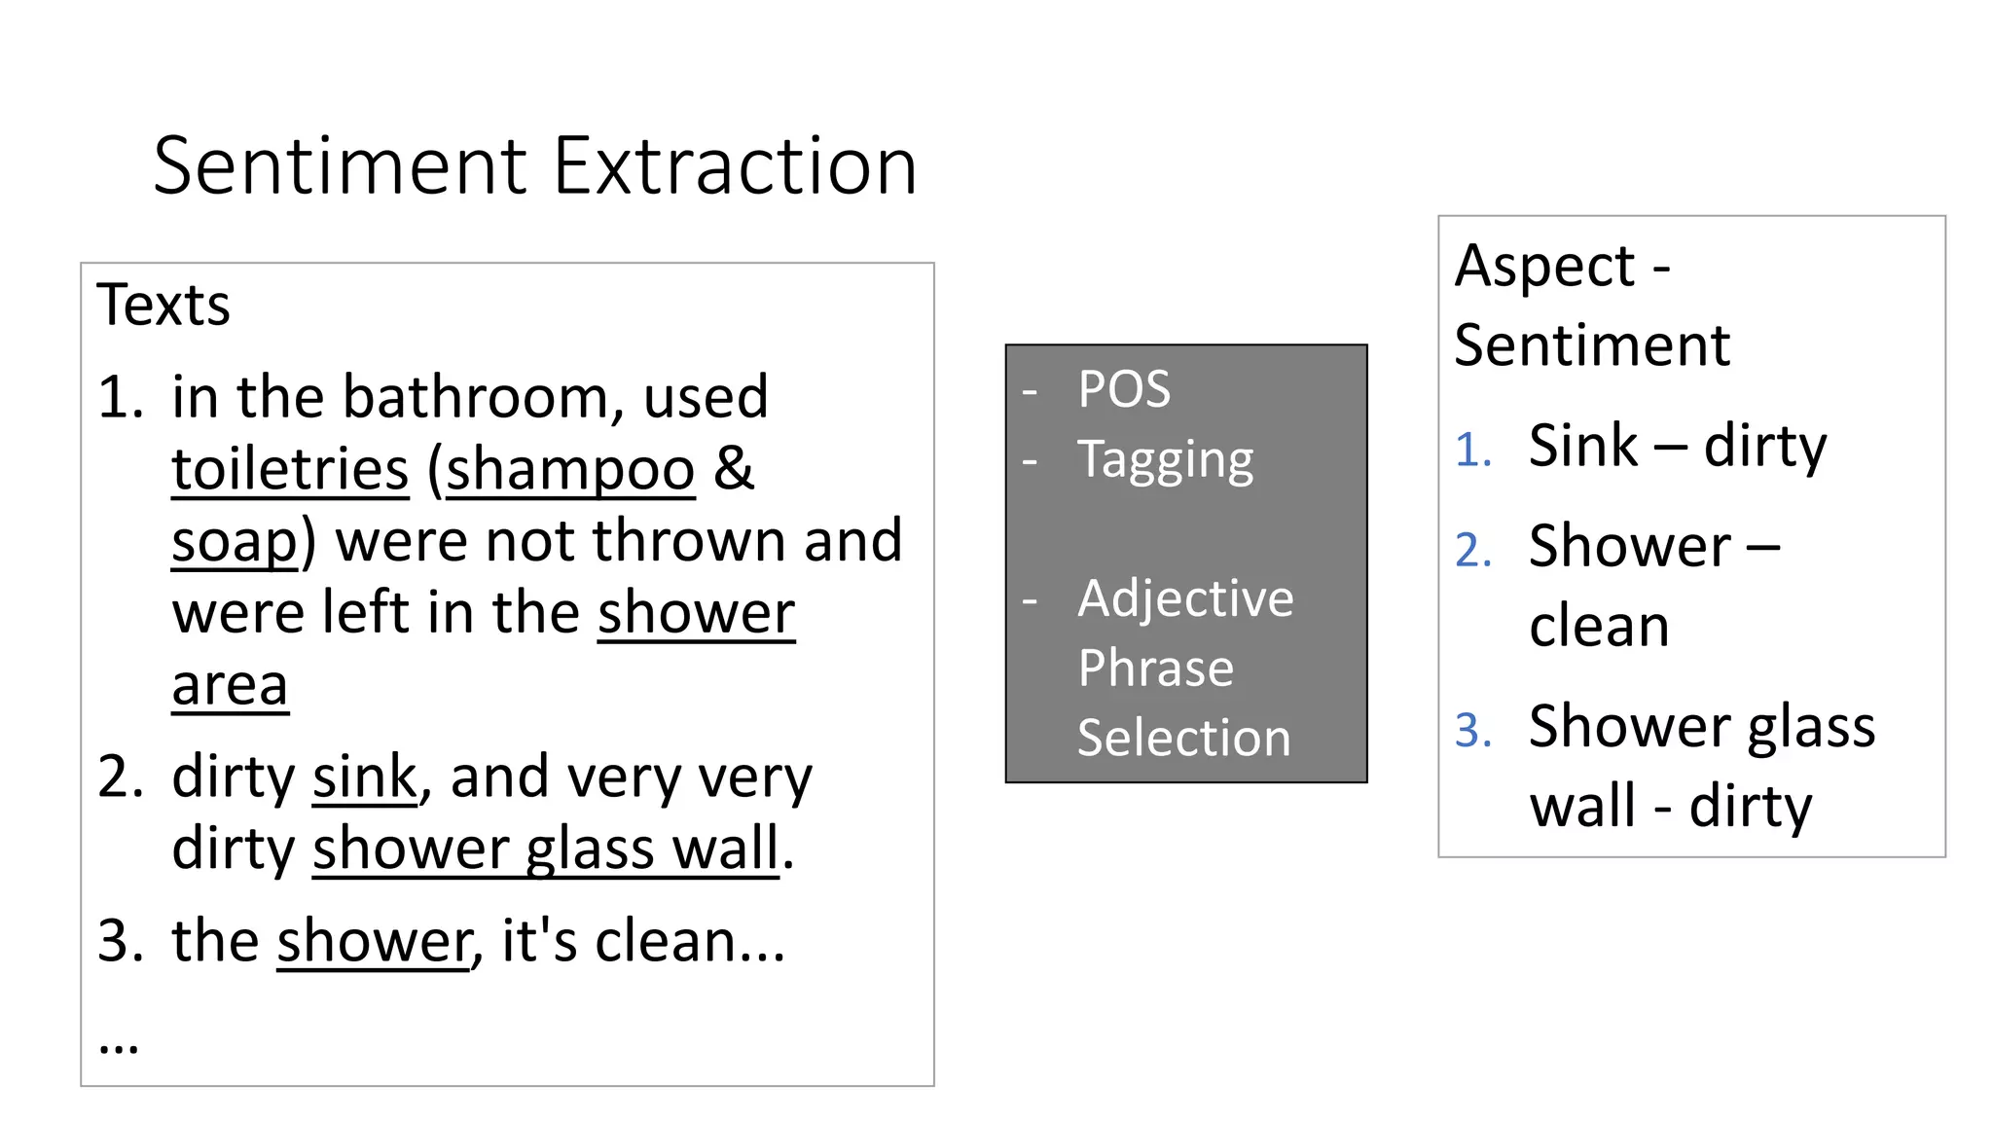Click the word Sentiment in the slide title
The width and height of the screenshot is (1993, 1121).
tap(340, 166)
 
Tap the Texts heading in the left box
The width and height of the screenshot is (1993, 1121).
tap(163, 305)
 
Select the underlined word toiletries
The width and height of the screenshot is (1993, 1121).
tap(290, 469)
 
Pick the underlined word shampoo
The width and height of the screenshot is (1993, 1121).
tap(570, 469)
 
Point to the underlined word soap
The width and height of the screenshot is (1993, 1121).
tap(235, 541)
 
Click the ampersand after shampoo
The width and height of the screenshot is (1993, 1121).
tap(734, 469)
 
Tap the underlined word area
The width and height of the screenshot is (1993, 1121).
tap(230, 685)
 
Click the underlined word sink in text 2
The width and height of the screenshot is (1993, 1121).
tap(364, 777)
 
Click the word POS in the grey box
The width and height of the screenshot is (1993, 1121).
tap(1124, 389)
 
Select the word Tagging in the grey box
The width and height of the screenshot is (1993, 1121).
tap(1165, 459)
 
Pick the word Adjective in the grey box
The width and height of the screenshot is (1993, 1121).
tap(1185, 597)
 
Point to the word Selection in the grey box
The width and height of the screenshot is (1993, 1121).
tap(1183, 738)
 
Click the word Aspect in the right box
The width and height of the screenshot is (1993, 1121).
tap(1544, 266)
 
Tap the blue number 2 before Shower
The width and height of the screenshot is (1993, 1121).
tap(1471, 550)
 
